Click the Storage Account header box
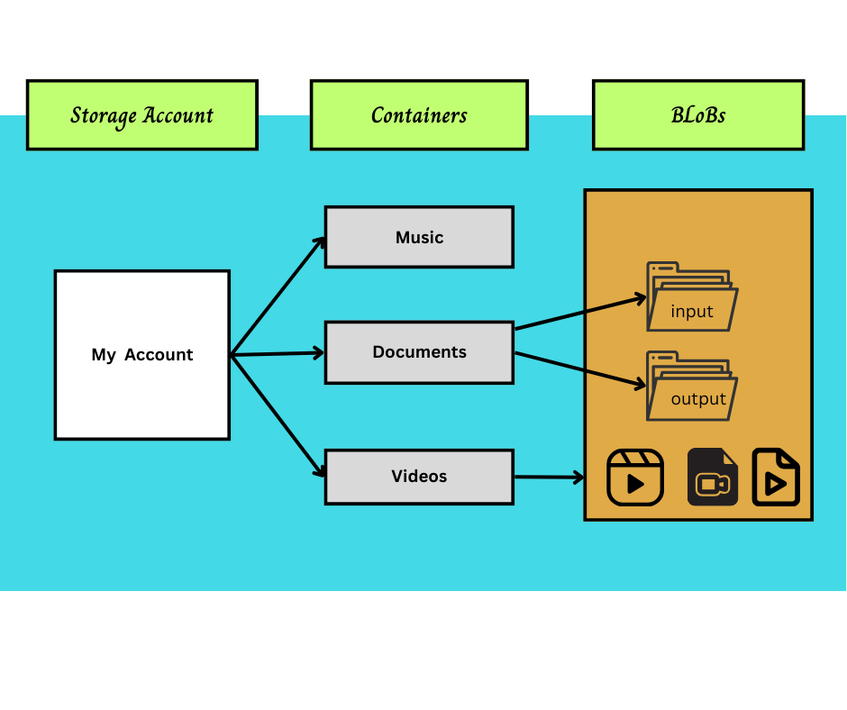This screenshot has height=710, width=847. pyautogui.click(x=141, y=114)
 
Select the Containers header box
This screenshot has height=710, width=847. pyautogui.click(x=419, y=114)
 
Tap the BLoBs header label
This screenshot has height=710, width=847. pyautogui.click(x=697, y=114)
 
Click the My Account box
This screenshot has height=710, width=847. pyautogui.click(x=141, y=354)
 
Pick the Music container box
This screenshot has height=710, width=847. pyautogui.click(x=419, y=237)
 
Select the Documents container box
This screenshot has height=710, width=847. pyautogui.click(x=419, y=352)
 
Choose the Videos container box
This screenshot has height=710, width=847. pyautogui.click(x=419, y=477)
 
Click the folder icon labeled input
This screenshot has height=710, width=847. pyautogui.click(x=691, y=296)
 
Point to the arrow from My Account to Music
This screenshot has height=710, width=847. pyautogui.click(x=278, y=296)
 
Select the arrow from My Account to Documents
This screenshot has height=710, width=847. pyautogui.click(x=278, y=353)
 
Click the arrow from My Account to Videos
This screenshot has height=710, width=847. pyautogui.click(x=278, y=415)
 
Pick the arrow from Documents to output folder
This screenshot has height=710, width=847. pyautogui.click(x=580, y=369)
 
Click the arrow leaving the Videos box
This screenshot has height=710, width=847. pyautogui.click(x=550, y=477)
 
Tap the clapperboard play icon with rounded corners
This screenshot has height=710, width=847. pyautogui.click(x=635, y=478)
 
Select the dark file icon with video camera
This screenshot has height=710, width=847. pyautogui.click(x=713, y=478)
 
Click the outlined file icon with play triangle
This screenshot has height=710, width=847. pyautogui.click(x=776, y=478)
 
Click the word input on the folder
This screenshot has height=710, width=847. pyautogui.click(x=692, y=312)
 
